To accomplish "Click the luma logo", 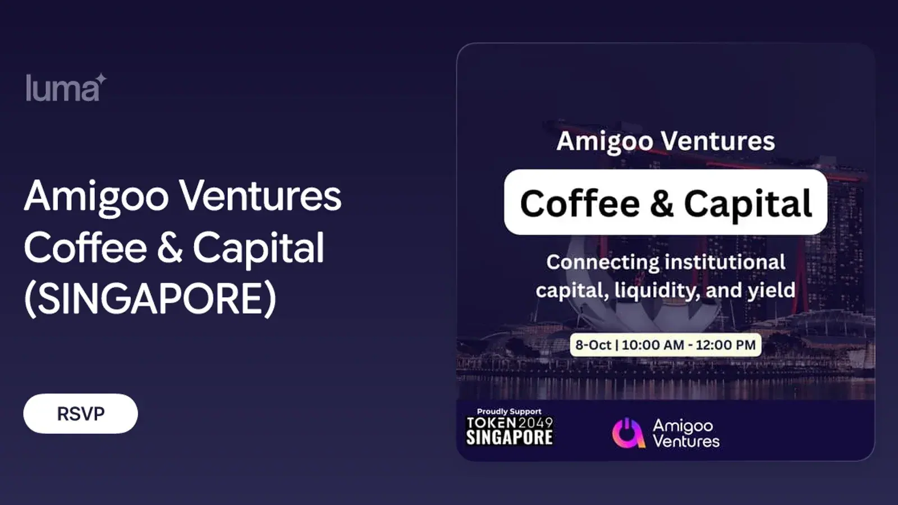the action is (67, 88).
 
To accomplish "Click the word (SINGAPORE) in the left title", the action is (150, 299).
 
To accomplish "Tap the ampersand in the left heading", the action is (169, 247).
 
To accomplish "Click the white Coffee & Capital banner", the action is (666, 202).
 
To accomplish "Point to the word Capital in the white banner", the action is (748, 203).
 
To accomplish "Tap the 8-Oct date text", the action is (593, 345).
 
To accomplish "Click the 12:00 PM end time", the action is (725, 345).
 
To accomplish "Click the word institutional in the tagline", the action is (725, 262).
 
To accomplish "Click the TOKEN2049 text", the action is (510, 423).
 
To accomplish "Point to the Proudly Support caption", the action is (509, 411).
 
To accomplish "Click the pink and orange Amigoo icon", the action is (629, 433).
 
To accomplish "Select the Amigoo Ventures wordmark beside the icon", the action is (686, 433).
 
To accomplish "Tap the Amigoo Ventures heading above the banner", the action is (666, 141).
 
